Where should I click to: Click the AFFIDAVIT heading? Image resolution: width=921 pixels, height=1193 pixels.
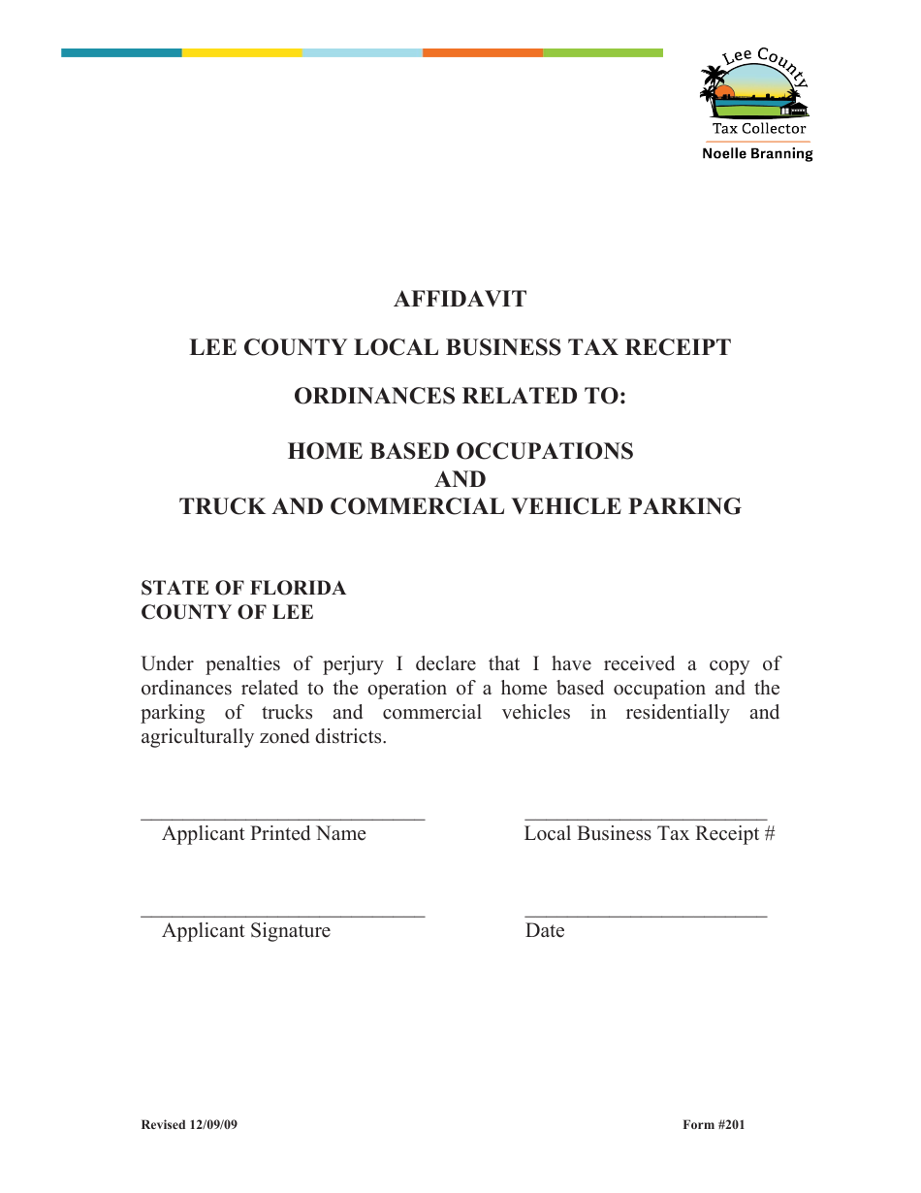pos(460,299)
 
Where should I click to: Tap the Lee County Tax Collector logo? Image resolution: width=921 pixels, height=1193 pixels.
pos(755,92)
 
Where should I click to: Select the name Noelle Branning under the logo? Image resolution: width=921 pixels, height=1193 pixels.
pos(757,153)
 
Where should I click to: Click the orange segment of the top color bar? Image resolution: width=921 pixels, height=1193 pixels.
pos(482,52)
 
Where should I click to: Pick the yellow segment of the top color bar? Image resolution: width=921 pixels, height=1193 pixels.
pos(241,52)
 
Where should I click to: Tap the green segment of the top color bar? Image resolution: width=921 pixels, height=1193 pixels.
pos(602,52)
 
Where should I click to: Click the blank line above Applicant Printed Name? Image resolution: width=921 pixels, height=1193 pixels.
pos(282,818)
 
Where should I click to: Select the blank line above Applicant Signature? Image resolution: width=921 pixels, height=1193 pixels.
pos(282,915)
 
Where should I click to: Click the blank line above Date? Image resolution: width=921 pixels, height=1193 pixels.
pos(646,915)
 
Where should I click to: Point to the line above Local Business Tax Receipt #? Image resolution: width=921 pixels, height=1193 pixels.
pos(646,818)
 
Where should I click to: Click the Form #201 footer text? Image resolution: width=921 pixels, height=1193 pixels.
pos(714,1125)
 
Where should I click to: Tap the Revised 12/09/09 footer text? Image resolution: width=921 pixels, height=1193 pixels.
pos(189,1125)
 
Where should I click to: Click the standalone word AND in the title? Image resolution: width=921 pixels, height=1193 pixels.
pos(460,479)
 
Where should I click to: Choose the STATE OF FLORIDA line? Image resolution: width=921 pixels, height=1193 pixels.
pos(243,588)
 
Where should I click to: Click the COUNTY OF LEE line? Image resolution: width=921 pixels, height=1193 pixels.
pos(227,612)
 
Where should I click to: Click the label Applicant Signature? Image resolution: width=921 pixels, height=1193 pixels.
pos(246,931)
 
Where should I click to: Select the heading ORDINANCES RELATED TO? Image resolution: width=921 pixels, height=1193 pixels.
pos(460,396)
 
